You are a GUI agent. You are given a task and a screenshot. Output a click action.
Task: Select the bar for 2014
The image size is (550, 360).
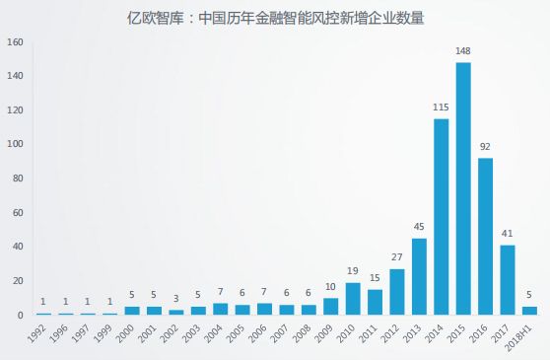coord(441,217)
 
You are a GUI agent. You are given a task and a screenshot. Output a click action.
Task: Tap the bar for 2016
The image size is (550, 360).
coord(485,237)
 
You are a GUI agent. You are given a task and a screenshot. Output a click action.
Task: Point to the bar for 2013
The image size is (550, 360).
coord(419,277)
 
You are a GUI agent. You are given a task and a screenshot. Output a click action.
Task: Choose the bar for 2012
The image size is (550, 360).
coord(397,292)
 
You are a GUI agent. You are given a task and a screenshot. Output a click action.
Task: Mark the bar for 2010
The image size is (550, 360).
coord(353,299)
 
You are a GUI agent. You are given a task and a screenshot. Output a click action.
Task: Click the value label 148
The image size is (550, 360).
coord(463,51)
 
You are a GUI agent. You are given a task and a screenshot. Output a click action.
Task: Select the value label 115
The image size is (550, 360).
coord(441,108)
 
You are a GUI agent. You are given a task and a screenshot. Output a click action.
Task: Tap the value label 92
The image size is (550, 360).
coord(485,147)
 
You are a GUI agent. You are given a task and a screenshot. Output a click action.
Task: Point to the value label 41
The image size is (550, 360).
coord(508,234)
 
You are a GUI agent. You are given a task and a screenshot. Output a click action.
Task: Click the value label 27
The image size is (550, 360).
coord(397,257)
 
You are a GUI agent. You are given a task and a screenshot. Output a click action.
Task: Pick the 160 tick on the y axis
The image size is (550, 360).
coord(14,42)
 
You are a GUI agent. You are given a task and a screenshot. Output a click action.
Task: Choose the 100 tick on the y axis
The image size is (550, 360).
coord(14,145)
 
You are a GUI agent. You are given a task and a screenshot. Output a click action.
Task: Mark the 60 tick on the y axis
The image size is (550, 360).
coord(16,213)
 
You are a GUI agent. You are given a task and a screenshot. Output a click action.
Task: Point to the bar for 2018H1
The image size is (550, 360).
coord(529,311)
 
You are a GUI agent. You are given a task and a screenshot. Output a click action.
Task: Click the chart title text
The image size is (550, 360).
coord(275,17)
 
